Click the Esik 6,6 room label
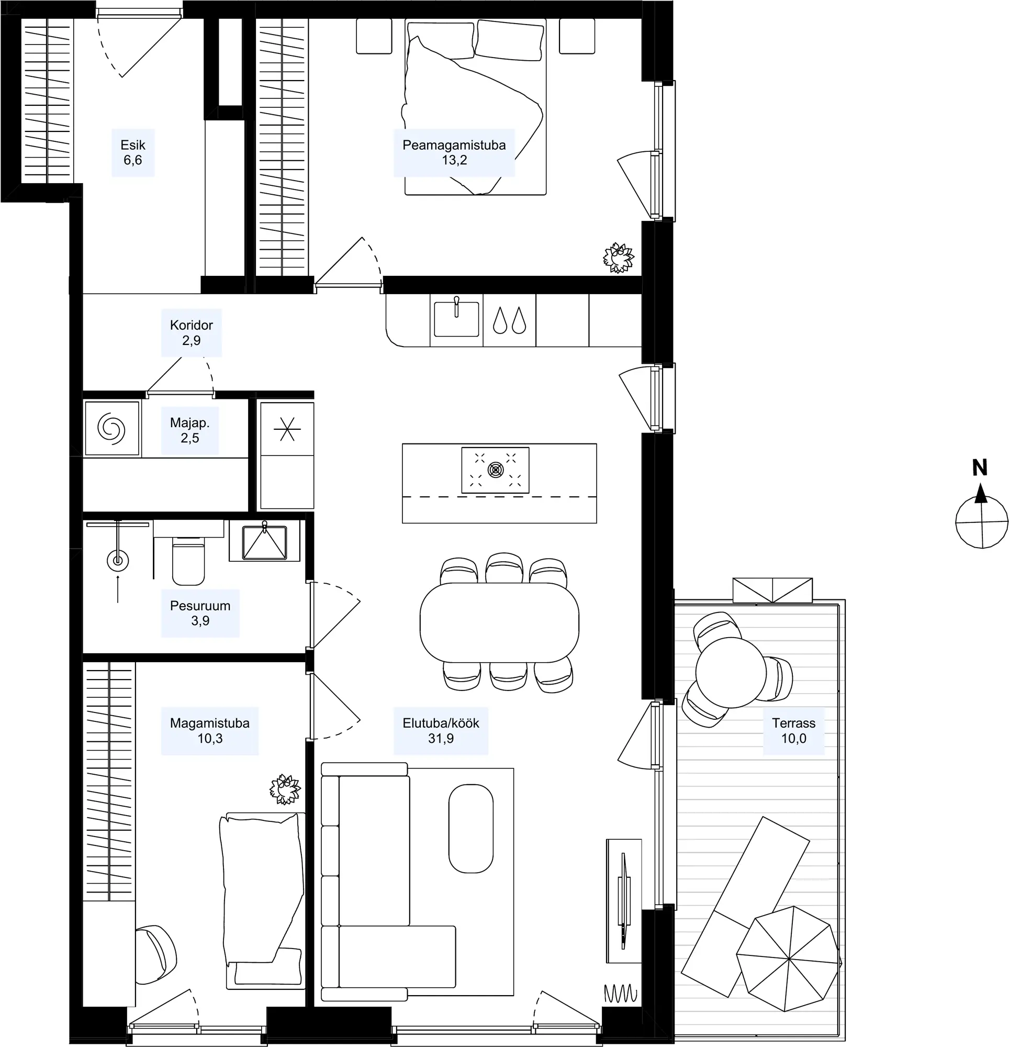point(132,152)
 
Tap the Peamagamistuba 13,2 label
point(454,152)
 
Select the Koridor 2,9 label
point(191,332)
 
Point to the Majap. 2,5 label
point(189,430)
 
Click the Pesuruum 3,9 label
point(200,612)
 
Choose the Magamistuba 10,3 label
point(210,730)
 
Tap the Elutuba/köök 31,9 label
point(441,730)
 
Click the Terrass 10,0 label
point(794,730)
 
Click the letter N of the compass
point(980,468)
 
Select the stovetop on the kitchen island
point(495,470)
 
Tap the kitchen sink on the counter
point(456,318)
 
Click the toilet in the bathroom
point(188,560)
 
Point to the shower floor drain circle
point(118,560)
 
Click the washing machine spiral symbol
point(111,428)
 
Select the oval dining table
point(499,623)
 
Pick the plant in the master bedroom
point(619,258)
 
